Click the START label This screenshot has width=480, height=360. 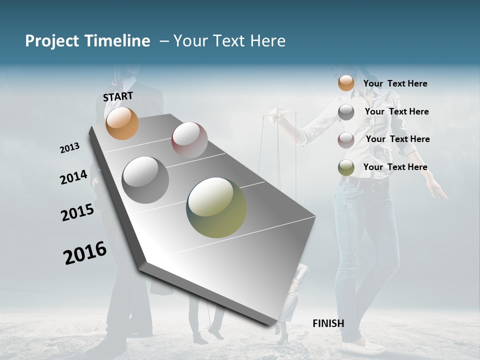[x=118, y=96]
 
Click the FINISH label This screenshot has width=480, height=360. [x=328, y=323]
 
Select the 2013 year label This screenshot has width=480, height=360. [x=70, y=148]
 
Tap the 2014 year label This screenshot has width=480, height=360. [x=73, y=177]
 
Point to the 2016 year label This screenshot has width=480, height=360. [x=85, y=253]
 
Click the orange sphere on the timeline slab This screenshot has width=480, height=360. [x=122, y=123]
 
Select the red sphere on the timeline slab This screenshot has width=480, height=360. [x=189, y=140]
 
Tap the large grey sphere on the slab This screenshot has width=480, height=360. [x=145, y=180]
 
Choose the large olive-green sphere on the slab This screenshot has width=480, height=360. [x=216, y=207]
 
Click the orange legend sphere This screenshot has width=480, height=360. [x=346, y=83]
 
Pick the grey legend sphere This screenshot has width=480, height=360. [x=346, y=112]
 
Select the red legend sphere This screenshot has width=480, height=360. [x=346, y=139]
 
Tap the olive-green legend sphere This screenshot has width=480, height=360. [x=346, y=167]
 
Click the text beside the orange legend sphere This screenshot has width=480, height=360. [x=395, y=83]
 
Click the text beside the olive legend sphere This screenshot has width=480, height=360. [x=395, y=167]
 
